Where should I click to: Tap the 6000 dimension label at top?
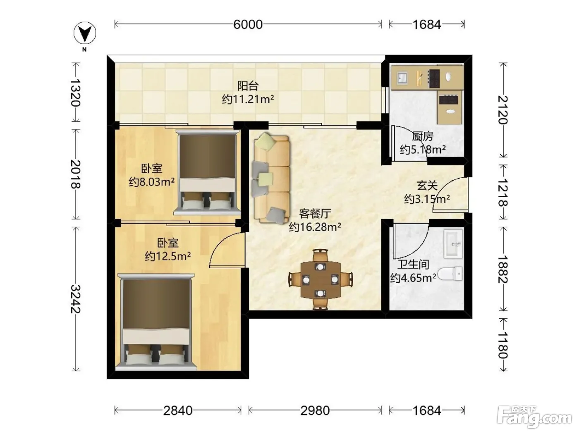click(248, 24)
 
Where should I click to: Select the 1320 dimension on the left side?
click(76, 92)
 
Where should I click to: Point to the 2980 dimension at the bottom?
click(315, 410)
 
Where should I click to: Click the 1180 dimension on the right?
click(503, 345)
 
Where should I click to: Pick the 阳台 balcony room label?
click(248, 86)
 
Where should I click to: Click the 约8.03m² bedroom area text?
click(151, 182)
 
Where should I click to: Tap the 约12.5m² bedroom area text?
click(168, 256)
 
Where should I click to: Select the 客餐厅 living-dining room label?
click(315, 213)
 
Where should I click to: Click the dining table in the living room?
click(321, 280)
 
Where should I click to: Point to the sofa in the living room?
click(271, 179)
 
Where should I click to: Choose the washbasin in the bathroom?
click(453, 243)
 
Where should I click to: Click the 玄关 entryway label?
click(427, 186)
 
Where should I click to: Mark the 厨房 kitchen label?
click(423, 136)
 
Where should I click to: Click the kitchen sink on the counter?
click(402, 78)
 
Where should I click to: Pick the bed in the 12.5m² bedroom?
click(157, 322)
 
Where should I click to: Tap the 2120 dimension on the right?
click(503, 110)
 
